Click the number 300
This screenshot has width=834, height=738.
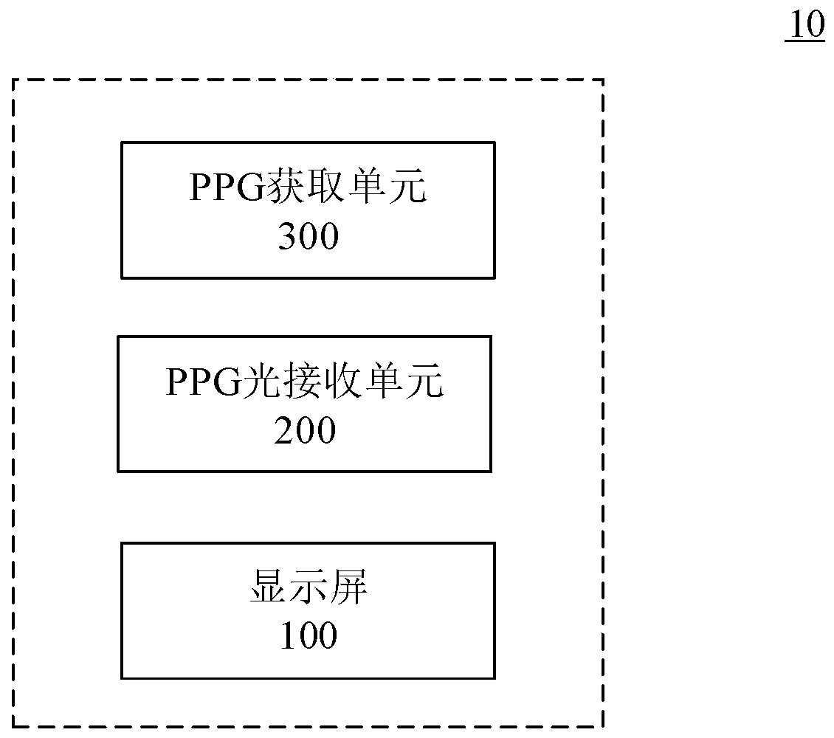coord(308,238)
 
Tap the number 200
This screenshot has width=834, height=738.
coord(305,431)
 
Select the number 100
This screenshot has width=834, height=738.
coord(309,635)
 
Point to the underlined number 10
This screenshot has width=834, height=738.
coord(807,25)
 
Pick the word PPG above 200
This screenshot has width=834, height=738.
coord(200,384)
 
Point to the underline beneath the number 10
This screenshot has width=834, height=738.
coord(804,41)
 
